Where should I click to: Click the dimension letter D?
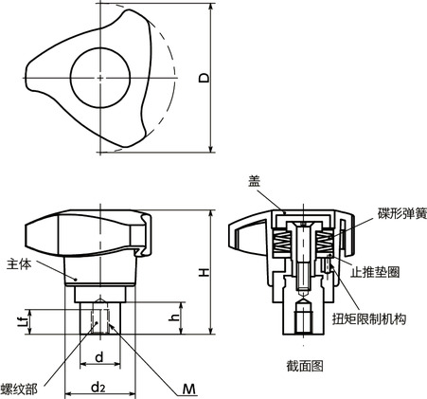click(x=205, y=78)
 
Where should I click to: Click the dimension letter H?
click(x=205, y=272)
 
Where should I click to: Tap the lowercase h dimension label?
click(x=174, y=317)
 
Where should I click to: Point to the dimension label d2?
click(x=98, y=387)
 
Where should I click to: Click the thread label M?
click(x=189, y=390)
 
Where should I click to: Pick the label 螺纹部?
click(x=19, y=389)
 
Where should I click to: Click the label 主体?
click(x=19, y=264)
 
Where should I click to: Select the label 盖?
click(x=254, y=181)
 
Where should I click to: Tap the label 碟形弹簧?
click(x=402, y=213)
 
